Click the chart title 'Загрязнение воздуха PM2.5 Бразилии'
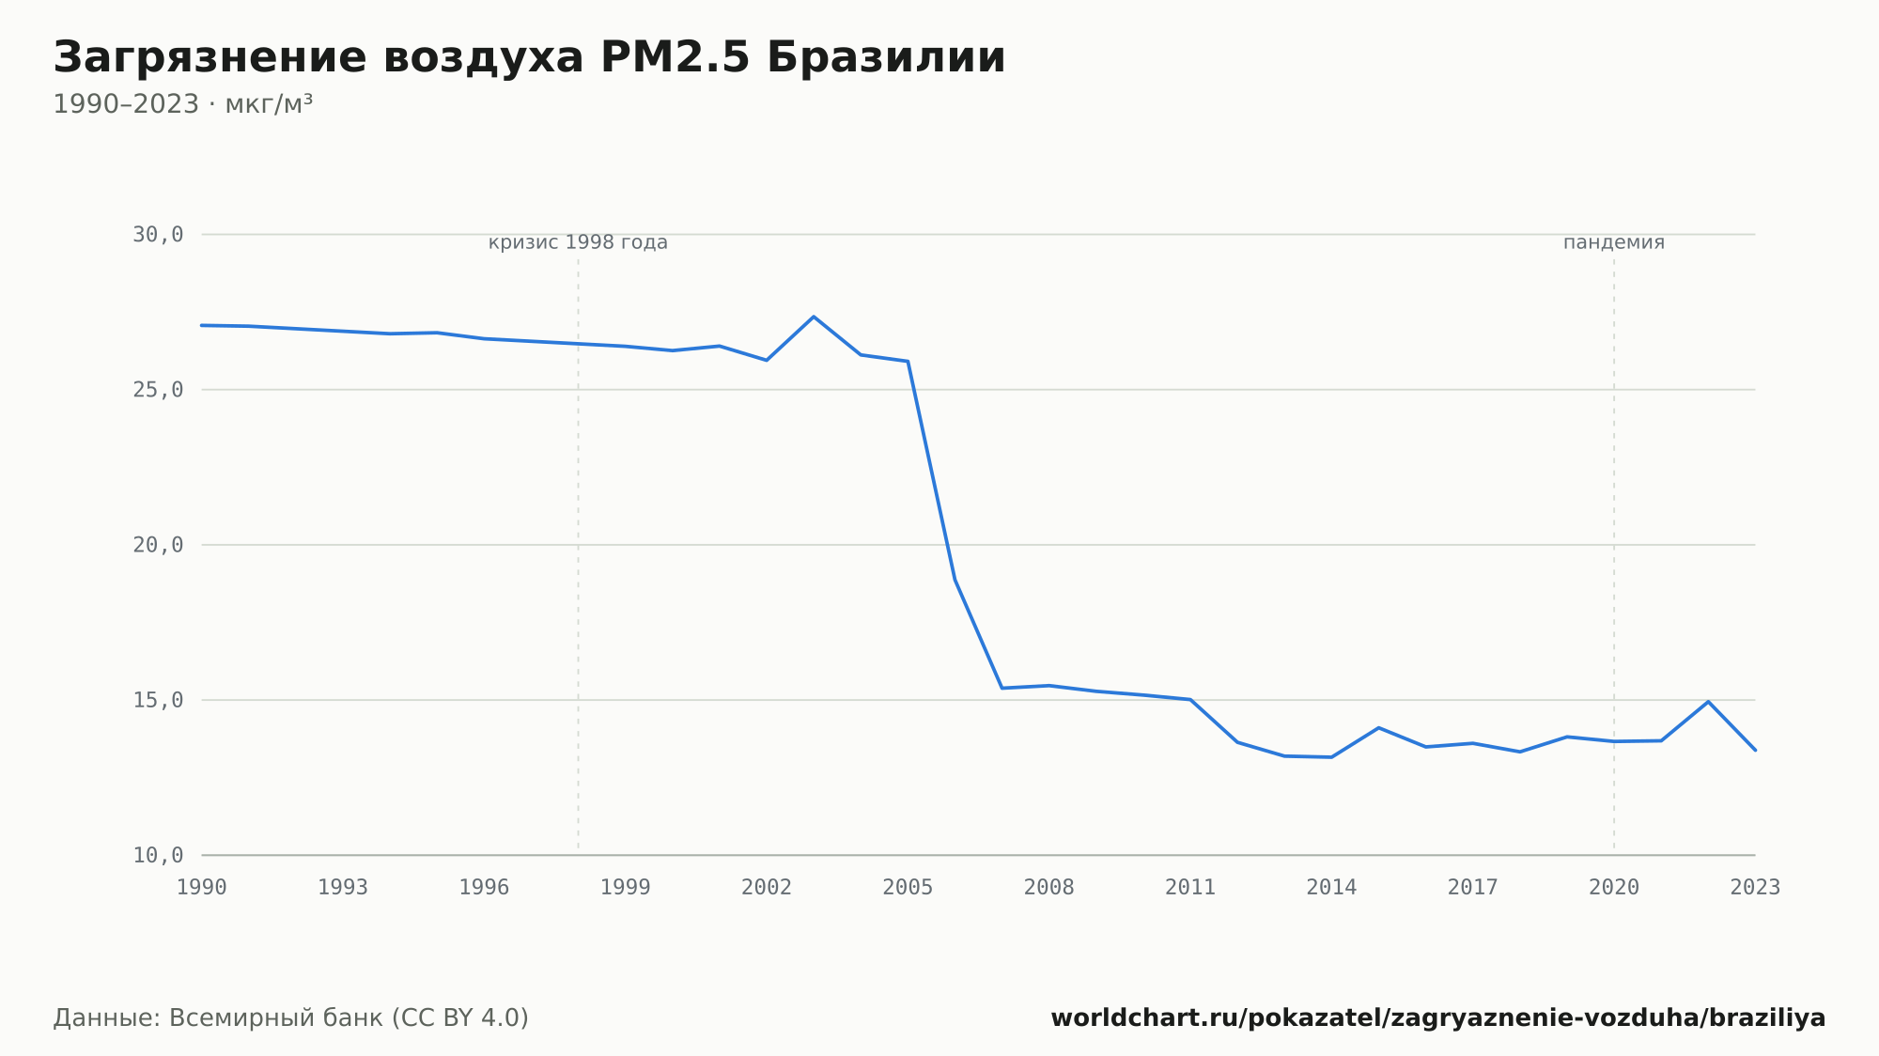click(529, 58)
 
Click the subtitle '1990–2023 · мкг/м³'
click(183, 104)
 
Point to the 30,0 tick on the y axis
click(158, 235)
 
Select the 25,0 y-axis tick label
click(158, 390)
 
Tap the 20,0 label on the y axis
click(158, 545)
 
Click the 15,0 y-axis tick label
click(158, 700)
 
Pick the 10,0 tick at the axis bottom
click(158, 855)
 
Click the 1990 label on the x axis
click(202, 888)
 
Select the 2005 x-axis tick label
click(908, 888)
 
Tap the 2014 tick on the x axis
click(1331, 888)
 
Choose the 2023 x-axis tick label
click(1755, 888)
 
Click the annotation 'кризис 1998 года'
click(578, 242)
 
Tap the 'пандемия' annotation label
click(1614, 242)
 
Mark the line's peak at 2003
click(814, 317)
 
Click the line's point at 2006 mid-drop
click(955, 579)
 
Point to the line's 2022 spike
click(1708, 702)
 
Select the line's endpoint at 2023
click(1755, 750)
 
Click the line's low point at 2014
click(1331, 757)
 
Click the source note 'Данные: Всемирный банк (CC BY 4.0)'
click(291, 1018)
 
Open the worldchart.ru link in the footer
click(1438, 1018)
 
